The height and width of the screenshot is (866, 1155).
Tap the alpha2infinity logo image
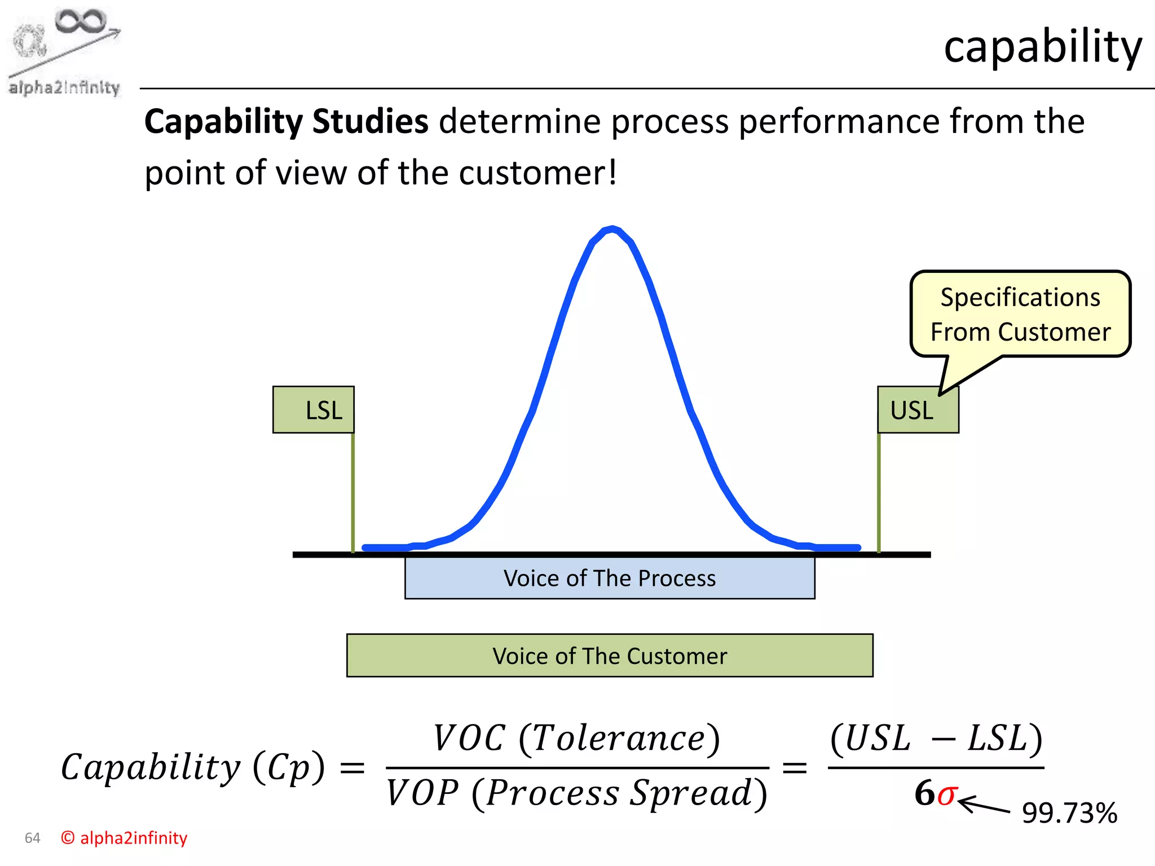click(64, 52)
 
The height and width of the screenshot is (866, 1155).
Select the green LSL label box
click(314, 410)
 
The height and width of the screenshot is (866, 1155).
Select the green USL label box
click(918, 410)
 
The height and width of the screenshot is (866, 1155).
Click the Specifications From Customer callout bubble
click(1020, 315)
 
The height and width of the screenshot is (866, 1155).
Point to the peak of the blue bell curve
click(612, 229)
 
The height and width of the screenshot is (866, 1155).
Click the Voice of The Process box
click(610, 578)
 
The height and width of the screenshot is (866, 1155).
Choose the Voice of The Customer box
click(610, 656)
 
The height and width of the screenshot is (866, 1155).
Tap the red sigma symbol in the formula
click(946, 794)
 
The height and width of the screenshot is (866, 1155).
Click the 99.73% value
click(1069, 813)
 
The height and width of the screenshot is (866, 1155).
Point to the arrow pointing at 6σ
click(984, 805)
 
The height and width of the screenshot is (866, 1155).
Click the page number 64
click(33, 838)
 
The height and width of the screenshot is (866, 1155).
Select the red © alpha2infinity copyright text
click(124, 838)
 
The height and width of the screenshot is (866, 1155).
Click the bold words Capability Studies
click(286, 122)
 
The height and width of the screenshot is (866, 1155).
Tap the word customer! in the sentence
click(538, 173)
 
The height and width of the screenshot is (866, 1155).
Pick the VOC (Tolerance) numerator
click(576, 739)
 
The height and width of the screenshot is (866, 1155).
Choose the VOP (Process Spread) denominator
click(576, 794)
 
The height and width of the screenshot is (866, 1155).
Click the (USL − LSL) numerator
click(936, 739)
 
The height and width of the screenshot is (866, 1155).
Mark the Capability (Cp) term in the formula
click(193, 768)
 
